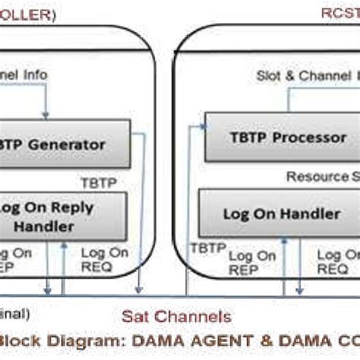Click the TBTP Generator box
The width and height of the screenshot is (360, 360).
pyautogui.click(x=61, y=144)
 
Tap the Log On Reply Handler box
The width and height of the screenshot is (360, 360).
pyautogui.click(x=61, y=216)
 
